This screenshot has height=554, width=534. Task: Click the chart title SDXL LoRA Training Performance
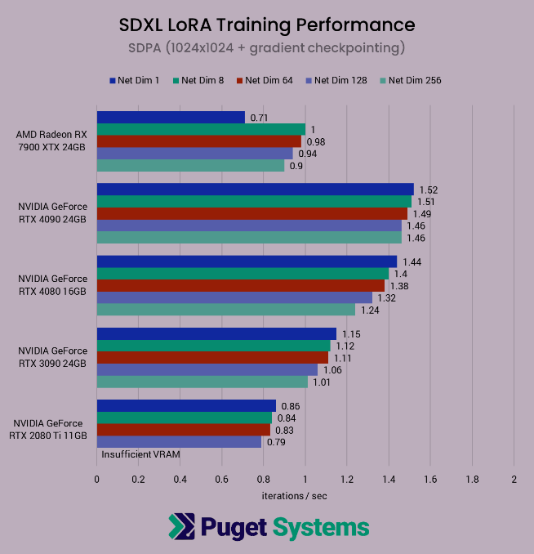coord(266,25)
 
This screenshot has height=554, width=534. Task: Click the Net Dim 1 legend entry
coord(136,80)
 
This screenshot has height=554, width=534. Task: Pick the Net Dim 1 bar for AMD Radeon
coord(171,117)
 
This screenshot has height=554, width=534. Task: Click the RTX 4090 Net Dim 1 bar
coord(255,190)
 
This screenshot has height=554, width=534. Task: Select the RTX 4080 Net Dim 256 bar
coord(226,310)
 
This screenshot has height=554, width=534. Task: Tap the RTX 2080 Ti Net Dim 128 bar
coord(179,442)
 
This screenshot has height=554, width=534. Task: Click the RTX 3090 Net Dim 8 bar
coord(213,346)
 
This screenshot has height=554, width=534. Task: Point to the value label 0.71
coord(259,118)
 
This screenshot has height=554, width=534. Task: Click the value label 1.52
coord(428,190)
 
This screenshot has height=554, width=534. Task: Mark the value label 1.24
coord(370,310)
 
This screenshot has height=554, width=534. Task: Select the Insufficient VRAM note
coord(140,454)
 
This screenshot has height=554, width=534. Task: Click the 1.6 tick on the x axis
coord(430,480)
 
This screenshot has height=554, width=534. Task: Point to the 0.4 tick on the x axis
coord(180,480)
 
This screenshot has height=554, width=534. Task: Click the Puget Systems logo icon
coord(181,526)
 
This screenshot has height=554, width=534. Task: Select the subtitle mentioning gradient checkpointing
coord(266,47)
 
